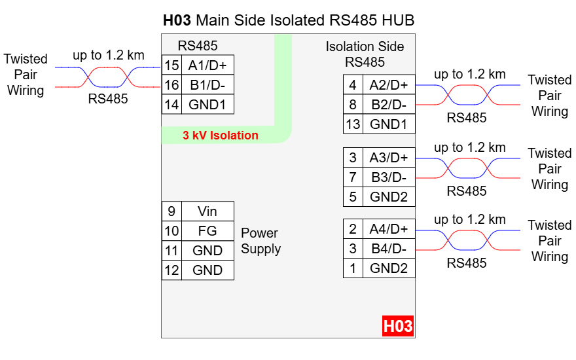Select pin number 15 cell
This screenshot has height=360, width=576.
point(171,65)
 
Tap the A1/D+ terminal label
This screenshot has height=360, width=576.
point(207,65)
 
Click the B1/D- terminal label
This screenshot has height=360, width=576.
point(207,85)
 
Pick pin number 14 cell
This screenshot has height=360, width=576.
point(171,104)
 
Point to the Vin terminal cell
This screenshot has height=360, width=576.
point(207,211)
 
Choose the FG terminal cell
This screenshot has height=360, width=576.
point(207,231)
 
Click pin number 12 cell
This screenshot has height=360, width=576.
point(171,270)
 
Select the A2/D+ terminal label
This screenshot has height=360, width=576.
point(388,85)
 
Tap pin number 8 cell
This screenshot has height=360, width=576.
point(353,105)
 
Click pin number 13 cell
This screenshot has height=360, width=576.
point(353,124)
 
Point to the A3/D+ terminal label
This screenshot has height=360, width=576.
point(388,158)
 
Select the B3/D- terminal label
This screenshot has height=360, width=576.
point(388,177)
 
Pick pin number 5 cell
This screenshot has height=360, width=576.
point(353,196)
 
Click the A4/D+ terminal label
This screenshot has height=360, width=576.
point(388,229)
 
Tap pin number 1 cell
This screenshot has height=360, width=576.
point(353,268)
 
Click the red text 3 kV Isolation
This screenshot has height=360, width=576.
point(220,136)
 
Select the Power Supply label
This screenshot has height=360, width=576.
point(261,241)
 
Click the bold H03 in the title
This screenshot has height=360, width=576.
point(177,20)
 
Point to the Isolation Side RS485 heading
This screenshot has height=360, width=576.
point(365,54)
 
